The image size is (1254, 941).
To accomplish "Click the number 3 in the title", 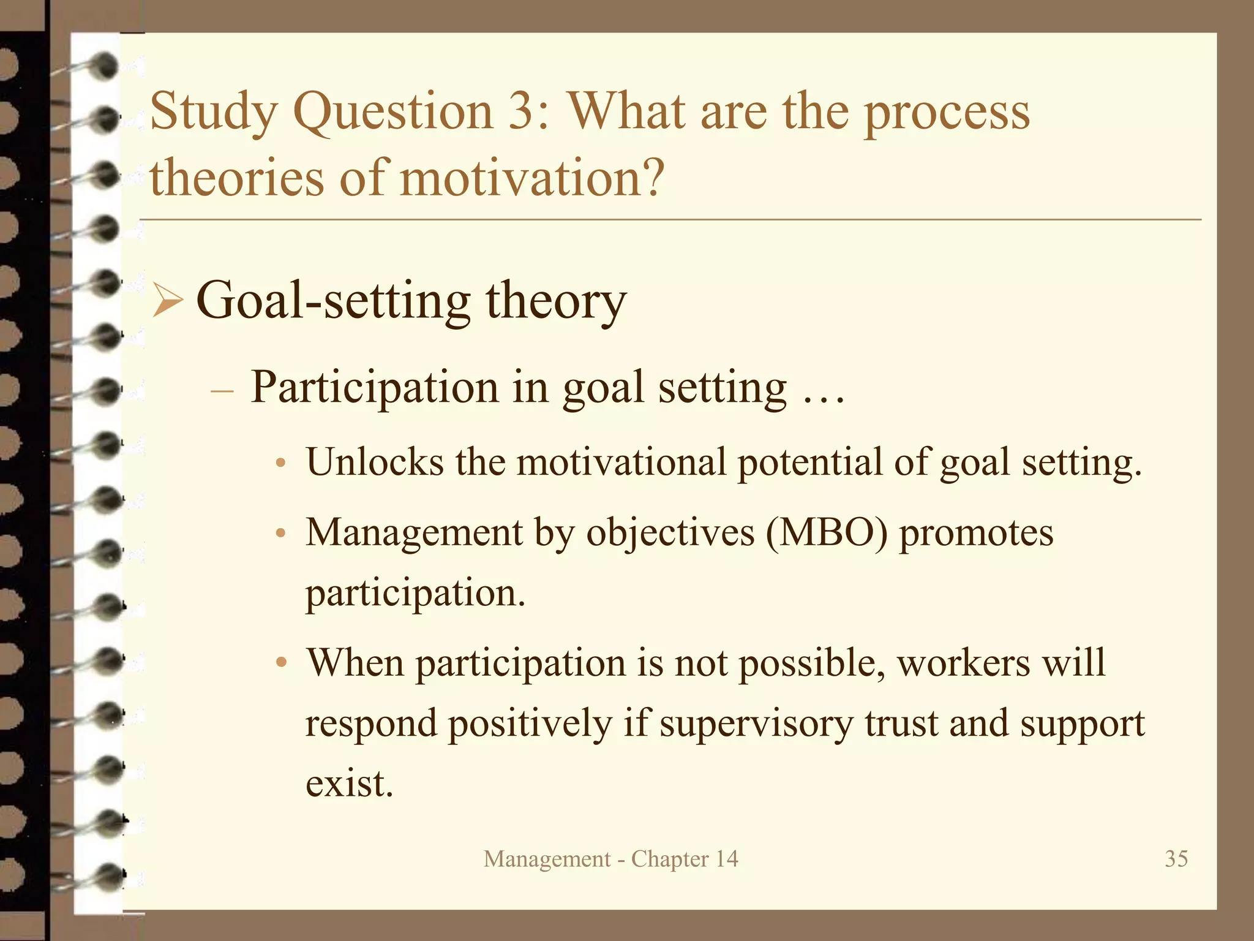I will point(522,111).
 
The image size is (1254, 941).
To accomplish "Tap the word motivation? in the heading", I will point(531,178).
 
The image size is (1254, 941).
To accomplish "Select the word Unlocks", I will point(375,462).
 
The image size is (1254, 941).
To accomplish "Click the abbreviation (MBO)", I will point(826,532).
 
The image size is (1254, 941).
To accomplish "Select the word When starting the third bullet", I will point(355,663).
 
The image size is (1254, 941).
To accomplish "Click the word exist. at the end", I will point(349,784).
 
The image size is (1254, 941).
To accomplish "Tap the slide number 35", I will point(1176,858).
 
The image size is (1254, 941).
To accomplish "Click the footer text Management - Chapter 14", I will point(610,859).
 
